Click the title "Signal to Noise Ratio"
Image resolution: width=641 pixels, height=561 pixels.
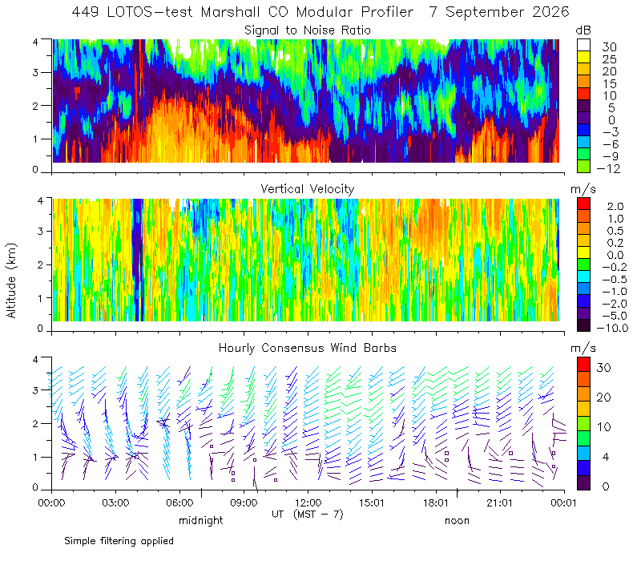308,30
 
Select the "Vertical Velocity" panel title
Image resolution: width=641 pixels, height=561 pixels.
308,189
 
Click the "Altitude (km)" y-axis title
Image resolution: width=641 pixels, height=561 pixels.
11,280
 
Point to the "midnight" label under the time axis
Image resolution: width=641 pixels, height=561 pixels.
201,520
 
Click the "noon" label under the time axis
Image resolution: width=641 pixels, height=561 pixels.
457,520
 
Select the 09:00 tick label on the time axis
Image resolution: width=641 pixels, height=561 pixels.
244,502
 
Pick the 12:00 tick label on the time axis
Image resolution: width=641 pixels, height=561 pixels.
308,502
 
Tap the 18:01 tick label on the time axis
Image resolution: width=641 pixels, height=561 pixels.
436,502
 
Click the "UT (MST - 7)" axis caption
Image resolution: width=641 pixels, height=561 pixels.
308,514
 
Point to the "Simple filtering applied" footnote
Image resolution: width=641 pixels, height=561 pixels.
119,541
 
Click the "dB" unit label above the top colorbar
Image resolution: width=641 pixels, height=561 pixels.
583,30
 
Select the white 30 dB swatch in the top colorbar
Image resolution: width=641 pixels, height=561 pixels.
583,45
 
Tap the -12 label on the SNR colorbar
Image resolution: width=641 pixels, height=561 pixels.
608,168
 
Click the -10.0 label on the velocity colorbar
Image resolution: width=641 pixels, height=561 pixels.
612,328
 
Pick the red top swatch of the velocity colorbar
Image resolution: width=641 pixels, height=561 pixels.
583,204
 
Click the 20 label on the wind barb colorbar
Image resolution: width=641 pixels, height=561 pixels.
604,397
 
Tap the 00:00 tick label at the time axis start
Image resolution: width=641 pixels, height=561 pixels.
51,502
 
